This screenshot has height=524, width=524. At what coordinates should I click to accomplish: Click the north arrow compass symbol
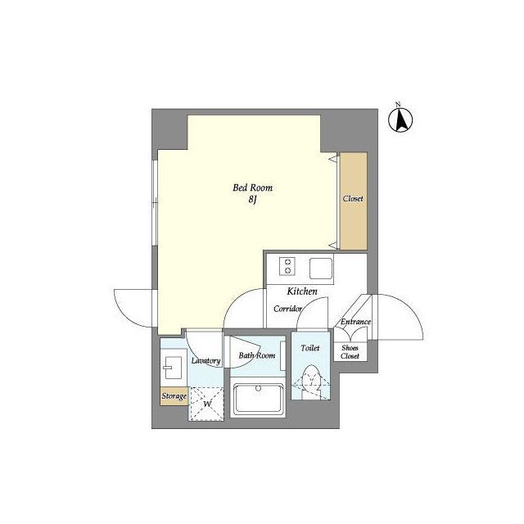(400, 120)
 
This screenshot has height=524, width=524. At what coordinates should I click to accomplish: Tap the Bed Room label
(253, 187)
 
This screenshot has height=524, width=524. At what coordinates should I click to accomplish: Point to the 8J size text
(252, 200)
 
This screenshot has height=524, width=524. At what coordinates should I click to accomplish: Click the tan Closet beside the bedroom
(354, 201)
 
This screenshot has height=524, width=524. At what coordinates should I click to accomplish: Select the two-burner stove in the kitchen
(287, 266)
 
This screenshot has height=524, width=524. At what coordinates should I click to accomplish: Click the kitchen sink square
(321, 269)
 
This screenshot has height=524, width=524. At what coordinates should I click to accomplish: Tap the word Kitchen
(302, 291)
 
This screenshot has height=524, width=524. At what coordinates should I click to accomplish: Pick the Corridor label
(287, 309)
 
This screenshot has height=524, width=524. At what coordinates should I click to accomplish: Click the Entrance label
(355, 322)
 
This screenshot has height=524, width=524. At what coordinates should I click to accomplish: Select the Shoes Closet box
(350, 351)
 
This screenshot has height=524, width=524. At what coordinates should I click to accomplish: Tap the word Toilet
(310, 348)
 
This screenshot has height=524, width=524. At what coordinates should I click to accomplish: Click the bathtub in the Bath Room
(258, 400)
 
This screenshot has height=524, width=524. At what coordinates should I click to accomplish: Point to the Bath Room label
(256, 355)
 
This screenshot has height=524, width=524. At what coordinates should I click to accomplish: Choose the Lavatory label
(206, 360)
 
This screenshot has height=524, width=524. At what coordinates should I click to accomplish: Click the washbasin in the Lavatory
(172, 368)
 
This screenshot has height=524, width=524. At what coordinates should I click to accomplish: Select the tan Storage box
(174, 396)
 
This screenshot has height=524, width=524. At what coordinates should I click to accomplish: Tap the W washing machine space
(207, 404)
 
